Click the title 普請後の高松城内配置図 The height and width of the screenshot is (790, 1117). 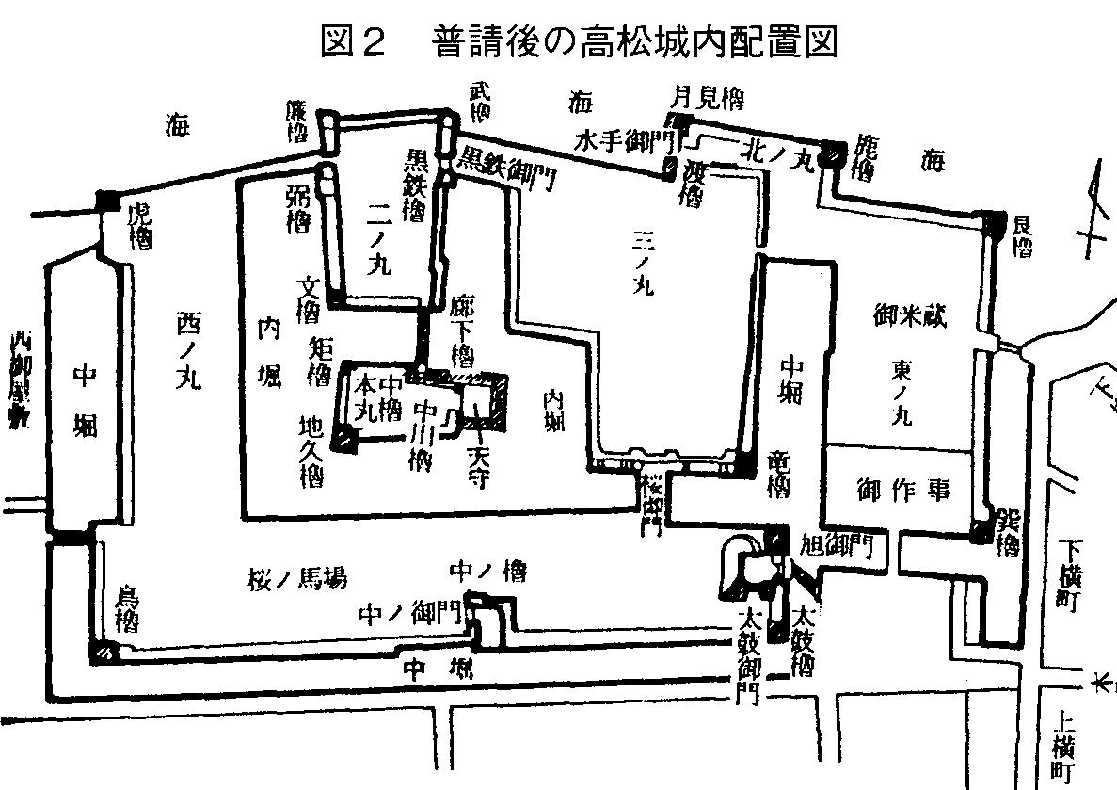coord(578,42)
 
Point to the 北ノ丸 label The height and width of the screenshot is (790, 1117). coord(776,150)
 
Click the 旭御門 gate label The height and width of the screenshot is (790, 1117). coord(840,543)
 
